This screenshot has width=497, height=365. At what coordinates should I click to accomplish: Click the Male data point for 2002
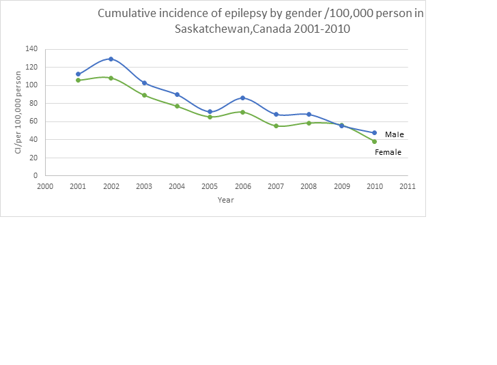pyautogui.click(x=111, y=59)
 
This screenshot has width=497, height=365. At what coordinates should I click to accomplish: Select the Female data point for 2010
pyautogui.click(x=375, y=141)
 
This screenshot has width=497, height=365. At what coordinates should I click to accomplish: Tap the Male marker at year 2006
pyautogui.click(x=242, y=98)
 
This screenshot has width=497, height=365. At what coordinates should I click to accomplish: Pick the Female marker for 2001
pyautogui.click(x=78, y=80)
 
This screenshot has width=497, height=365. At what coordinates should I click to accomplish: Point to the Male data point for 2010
pyautogui.click(x=375, y=132)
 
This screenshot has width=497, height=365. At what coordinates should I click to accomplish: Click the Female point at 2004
pyautogui.click(x=177, y=106)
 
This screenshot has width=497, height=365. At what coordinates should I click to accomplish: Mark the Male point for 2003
pyautogui.click(x=144, y=83)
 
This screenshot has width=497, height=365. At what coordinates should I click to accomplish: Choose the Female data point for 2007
pyautogui.click(x=276, y=126)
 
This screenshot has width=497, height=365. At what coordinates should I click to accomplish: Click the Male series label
pyautogui.click(x=394, y=134)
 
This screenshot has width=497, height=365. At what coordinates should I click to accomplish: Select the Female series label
pyautogui.click(x=388, y=152)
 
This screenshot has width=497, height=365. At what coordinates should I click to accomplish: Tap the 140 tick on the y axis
pyautogui.click(x=31, y=49)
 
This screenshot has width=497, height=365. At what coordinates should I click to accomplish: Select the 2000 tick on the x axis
pyautogui.click(x=45, y=186)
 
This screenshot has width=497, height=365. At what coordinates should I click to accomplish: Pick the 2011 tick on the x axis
pyautogui.click(x=408, y=186)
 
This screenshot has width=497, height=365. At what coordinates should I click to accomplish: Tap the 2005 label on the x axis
pyautogui.click(x=210, y=186)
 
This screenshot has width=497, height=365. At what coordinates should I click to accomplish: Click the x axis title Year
pyautogui.click(x=225, y=200)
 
